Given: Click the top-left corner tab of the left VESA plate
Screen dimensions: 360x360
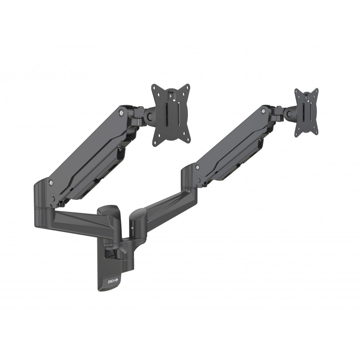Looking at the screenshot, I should (155, 88).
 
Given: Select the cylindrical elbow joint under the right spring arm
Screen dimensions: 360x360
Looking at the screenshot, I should (189, 180).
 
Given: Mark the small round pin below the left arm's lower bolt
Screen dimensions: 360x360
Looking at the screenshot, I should (53, 198).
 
